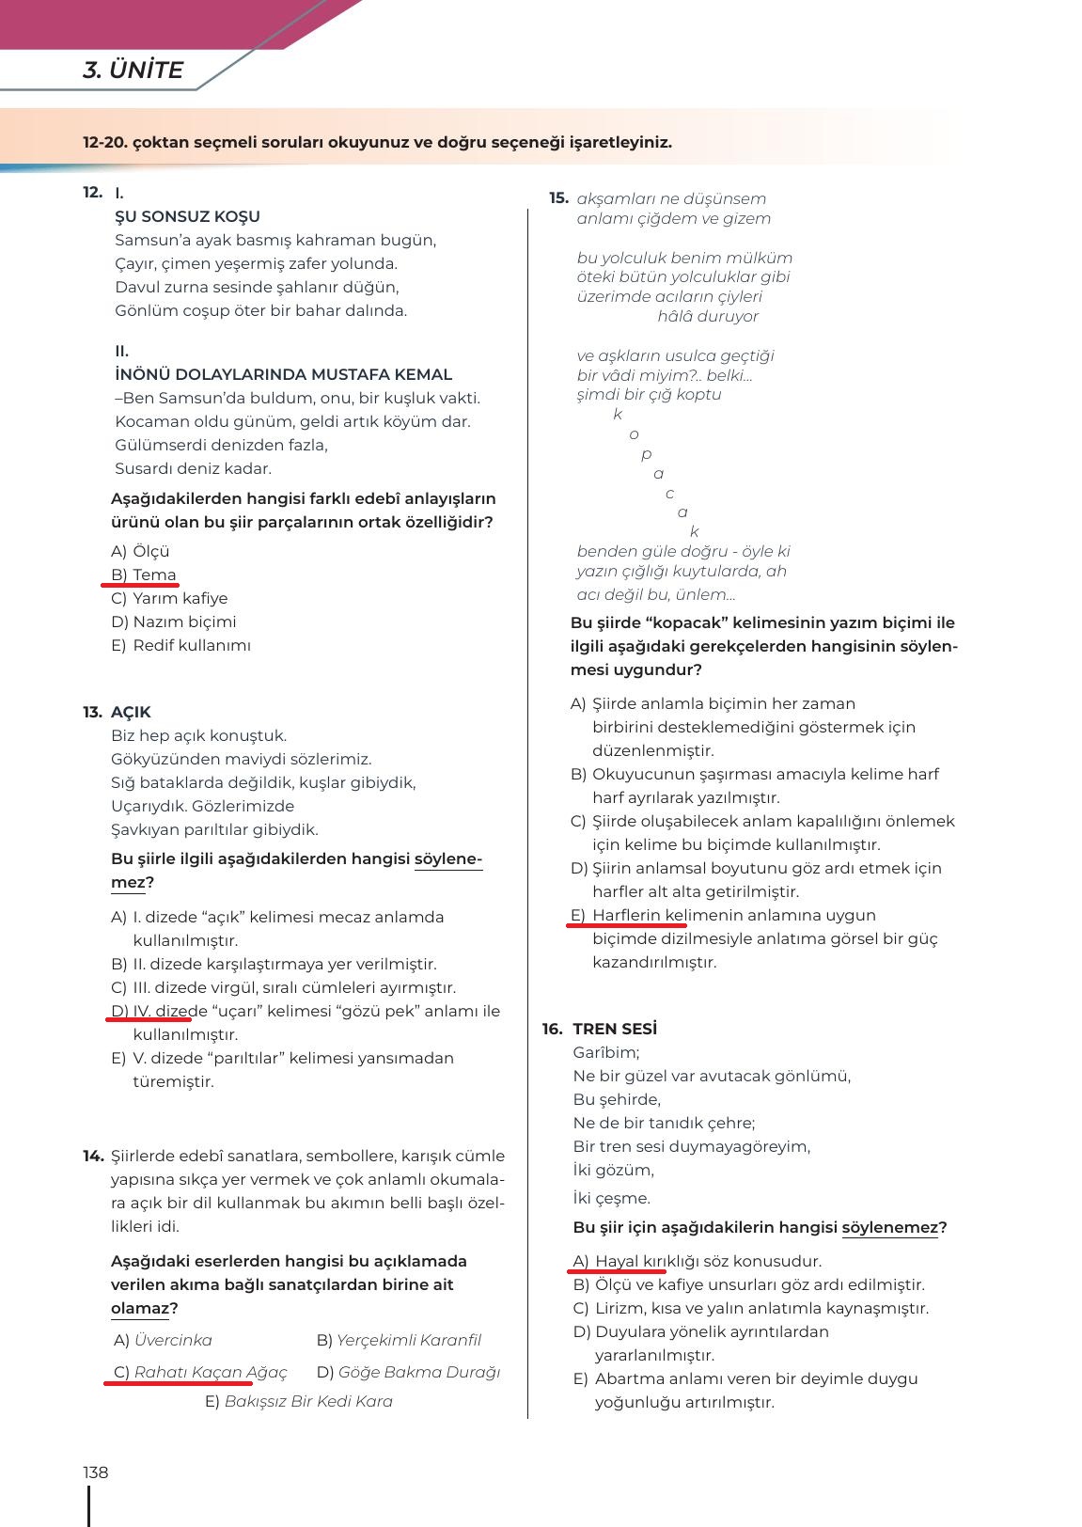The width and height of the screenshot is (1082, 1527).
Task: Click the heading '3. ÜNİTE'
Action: (x=133, y=71)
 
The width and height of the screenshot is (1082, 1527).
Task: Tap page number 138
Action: (x=96, y=1472)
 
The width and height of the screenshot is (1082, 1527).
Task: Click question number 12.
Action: (x=92, y=193)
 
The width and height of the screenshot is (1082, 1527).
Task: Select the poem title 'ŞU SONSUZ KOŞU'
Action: (x=187, y=216)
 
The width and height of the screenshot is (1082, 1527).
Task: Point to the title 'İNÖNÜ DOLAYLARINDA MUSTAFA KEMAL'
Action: (x=283, y=374)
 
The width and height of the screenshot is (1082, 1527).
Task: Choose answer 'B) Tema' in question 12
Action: (x=144, y=575)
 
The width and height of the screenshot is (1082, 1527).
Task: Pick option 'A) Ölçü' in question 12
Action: (x=140, y=551)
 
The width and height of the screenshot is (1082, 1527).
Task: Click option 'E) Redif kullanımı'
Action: (x=180, y=645)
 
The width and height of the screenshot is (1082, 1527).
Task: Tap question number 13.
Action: (x=92, y=712)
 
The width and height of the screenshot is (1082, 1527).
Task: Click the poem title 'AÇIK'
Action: (x=131, y=712)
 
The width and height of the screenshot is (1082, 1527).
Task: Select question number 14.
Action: (x=92, y=1156)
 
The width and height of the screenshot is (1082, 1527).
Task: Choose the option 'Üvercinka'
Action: (x=173, y=1340)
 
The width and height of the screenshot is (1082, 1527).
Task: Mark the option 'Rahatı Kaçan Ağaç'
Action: (x=211, y=1373)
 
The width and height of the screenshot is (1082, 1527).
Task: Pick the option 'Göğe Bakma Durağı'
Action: (x=418, y=1373)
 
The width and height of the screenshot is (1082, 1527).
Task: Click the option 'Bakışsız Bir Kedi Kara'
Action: (x=308, y=1401)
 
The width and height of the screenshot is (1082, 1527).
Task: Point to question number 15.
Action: (x=559, y=198)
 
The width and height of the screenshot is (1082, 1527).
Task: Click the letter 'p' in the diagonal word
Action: (x=646, y=454)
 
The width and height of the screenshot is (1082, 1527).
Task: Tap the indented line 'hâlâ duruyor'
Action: (x=708, y=316)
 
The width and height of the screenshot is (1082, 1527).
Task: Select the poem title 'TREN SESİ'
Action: (x=615, y=1029)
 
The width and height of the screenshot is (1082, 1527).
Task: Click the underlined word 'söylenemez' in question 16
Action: (x=889, y=1227)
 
